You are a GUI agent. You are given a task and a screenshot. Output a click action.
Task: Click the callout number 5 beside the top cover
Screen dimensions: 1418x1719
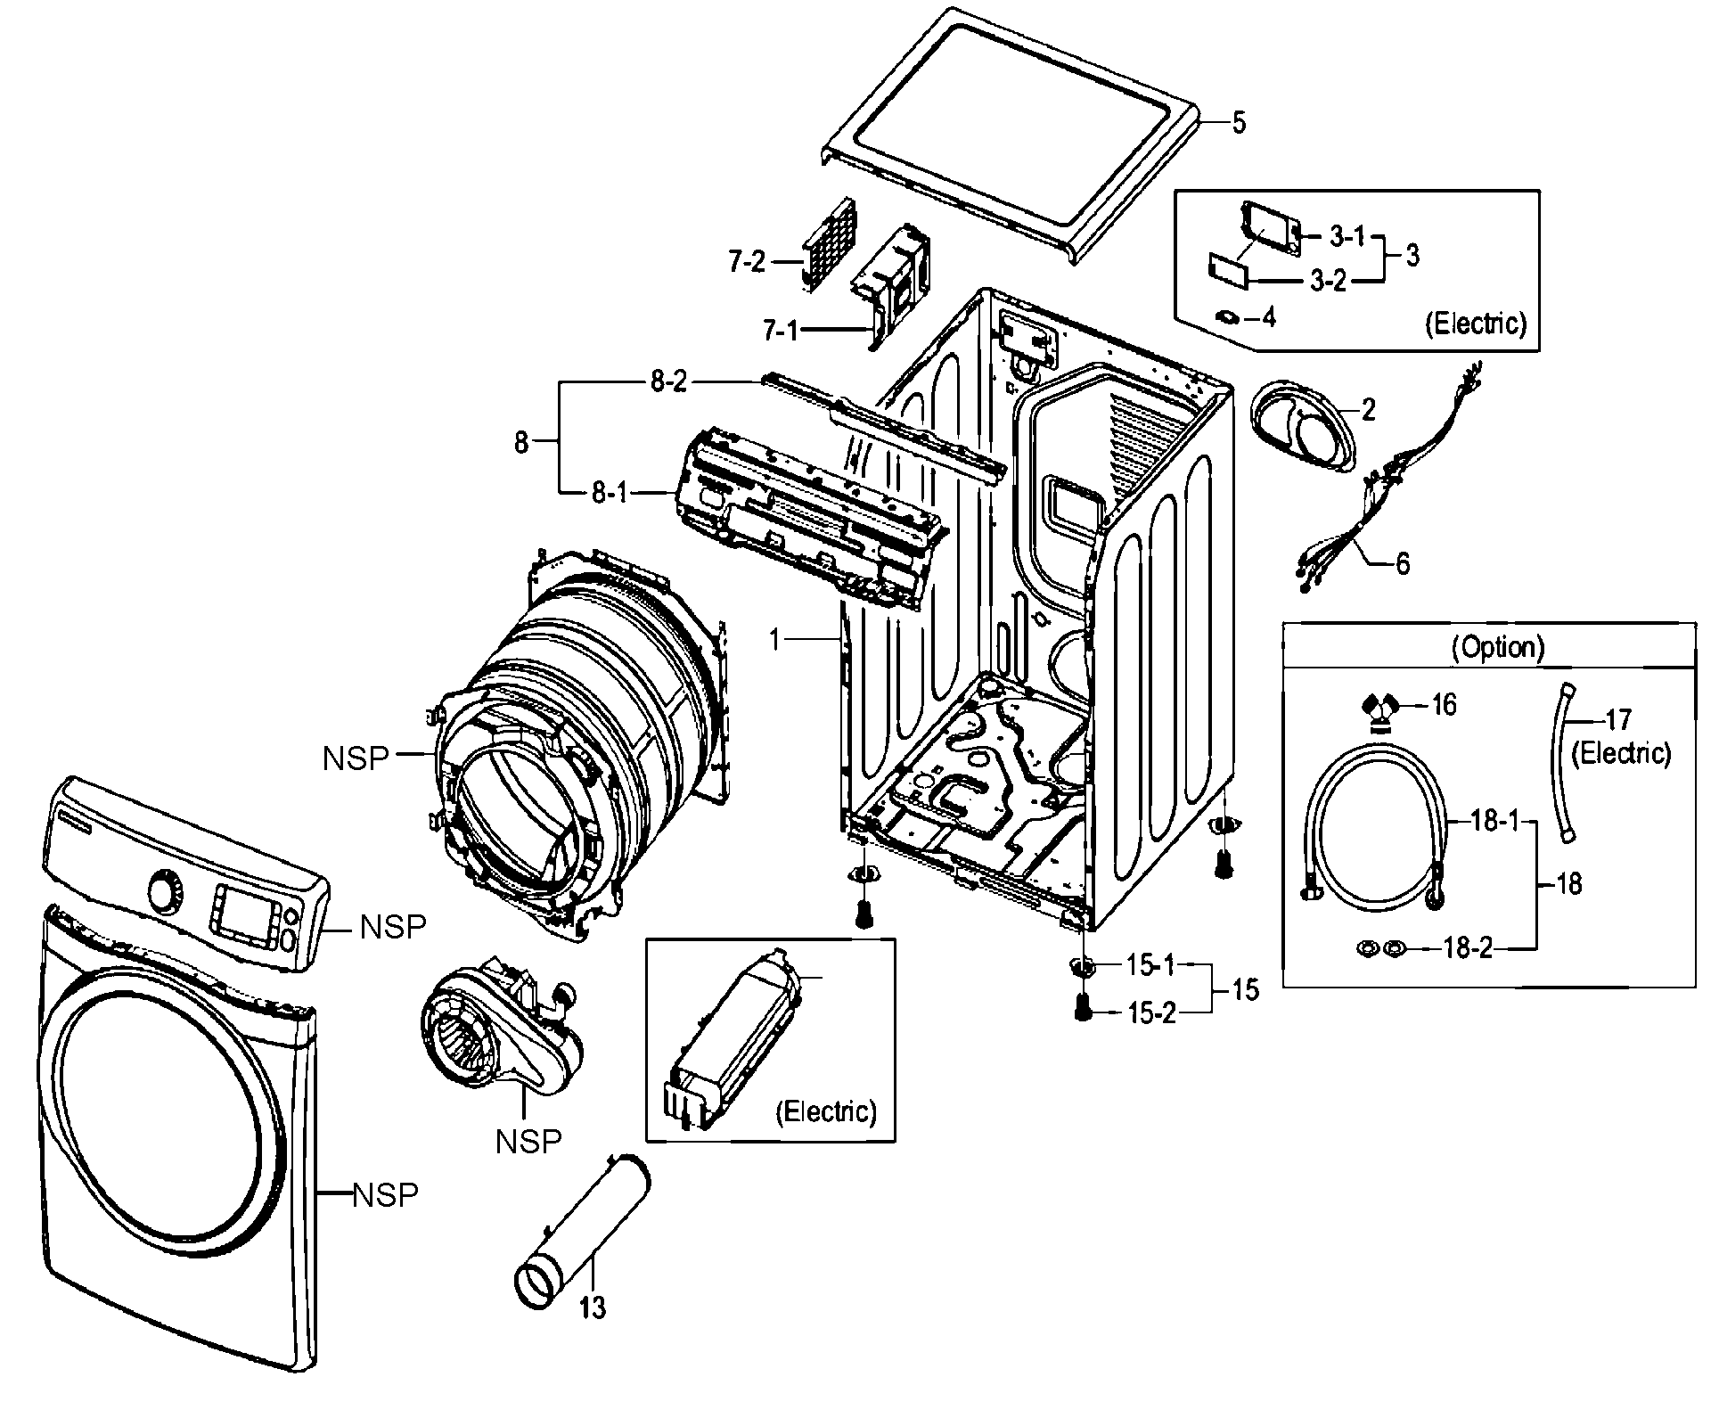coord(1239,122)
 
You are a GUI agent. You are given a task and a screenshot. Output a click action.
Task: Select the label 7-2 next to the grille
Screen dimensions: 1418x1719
coord(747,262)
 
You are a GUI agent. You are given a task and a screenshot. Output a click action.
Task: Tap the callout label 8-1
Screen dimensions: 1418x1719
coord(610,492)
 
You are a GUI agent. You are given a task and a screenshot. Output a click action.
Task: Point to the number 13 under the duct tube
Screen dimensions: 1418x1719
coord(593,1307)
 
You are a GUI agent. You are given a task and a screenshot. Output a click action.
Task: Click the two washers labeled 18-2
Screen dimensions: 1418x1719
coord(1380,948)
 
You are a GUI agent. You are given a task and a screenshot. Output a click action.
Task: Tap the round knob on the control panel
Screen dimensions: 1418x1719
coord(164,892)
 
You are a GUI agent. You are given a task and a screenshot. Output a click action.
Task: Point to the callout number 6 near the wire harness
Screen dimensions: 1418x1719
coord(1402,564)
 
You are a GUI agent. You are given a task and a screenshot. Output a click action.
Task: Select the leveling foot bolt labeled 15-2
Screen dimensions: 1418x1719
coord(1082,1007)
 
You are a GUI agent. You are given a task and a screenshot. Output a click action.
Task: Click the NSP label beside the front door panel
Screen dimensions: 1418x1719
coord(385,1195)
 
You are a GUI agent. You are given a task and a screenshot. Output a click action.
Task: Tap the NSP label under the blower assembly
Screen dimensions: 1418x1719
coord(528,1142)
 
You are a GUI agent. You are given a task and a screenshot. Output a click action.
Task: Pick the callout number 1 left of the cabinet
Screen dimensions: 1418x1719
coord(775,639)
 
